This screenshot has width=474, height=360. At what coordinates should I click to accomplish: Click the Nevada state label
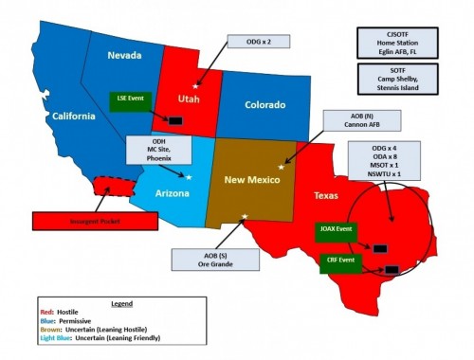point(123,55)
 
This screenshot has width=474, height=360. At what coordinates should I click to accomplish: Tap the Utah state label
point(190,98)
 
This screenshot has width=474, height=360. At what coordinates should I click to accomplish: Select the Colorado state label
point(265,104)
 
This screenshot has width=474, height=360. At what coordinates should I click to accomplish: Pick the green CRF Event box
point(336,260)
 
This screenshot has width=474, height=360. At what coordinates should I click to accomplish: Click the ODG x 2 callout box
point(251,43)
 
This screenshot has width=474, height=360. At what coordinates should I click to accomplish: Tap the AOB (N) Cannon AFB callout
point(349,121)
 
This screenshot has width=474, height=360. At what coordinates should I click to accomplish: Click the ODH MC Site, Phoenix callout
point(160,149)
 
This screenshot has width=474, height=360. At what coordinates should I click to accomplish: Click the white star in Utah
point(197,85)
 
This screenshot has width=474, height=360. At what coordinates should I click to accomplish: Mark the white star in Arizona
point(190,177)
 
